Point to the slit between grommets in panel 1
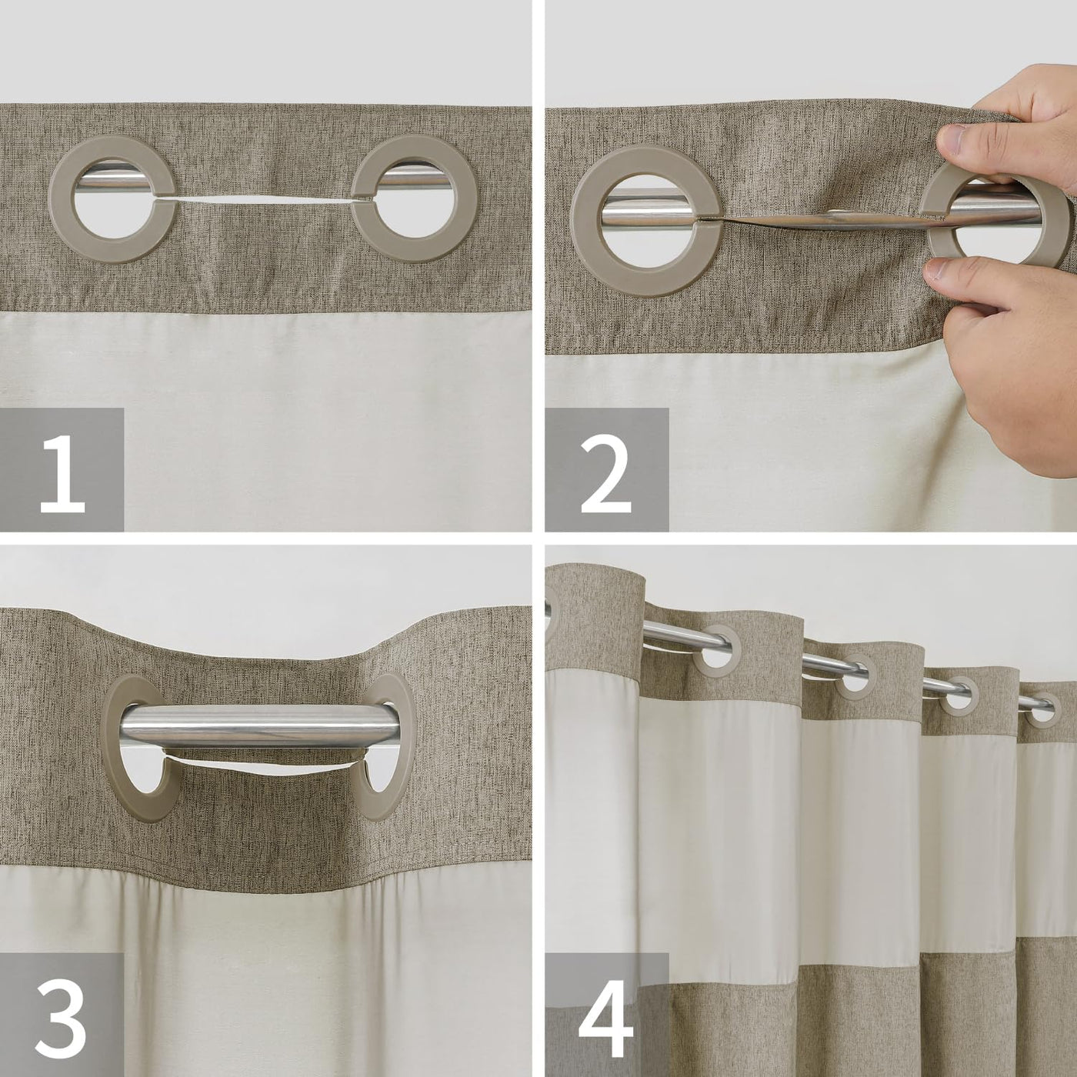click(265, 199)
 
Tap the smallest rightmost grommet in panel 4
click(1041, 711)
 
